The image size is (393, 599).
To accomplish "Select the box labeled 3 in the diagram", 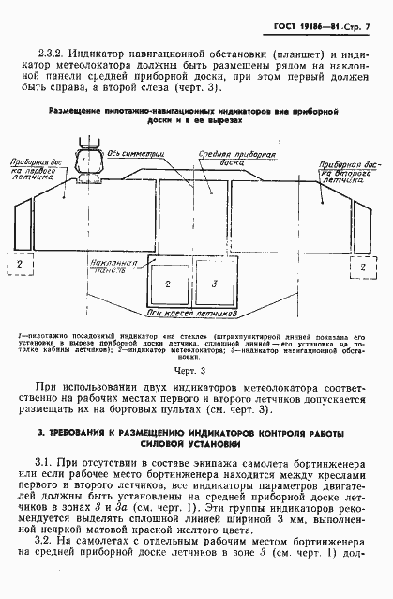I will click(214, 283).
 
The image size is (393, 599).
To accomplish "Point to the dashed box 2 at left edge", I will click(17, 265).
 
